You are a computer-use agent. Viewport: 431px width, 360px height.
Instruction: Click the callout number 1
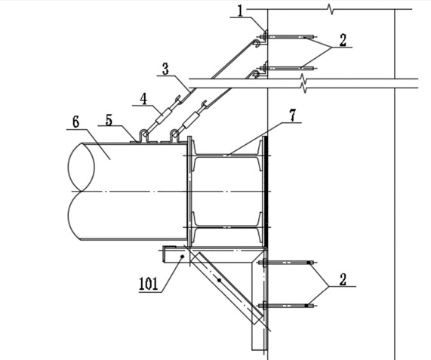pos(241,11)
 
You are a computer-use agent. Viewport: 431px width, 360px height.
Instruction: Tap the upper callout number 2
pos(343,40)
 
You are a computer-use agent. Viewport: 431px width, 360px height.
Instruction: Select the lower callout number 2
pos(343,279)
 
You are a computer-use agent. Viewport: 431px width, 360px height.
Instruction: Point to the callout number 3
pos(165,69)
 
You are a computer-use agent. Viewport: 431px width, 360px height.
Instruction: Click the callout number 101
pos(149,284)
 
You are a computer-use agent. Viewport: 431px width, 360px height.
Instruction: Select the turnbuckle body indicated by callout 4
pos(164,116)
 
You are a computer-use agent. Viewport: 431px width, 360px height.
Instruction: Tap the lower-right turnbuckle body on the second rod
pos(191,120)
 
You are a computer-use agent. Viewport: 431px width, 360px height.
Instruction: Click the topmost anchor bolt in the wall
pos(288,36)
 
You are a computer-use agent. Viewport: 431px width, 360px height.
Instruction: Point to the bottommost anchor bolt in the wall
pos(288,306)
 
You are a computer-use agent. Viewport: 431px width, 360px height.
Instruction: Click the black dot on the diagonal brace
pos(219,280)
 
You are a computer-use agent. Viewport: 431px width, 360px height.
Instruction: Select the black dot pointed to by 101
pos(182,257)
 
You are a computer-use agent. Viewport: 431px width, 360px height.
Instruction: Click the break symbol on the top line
pos(331,9)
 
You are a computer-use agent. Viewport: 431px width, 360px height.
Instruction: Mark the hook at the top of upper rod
pos(257,43)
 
